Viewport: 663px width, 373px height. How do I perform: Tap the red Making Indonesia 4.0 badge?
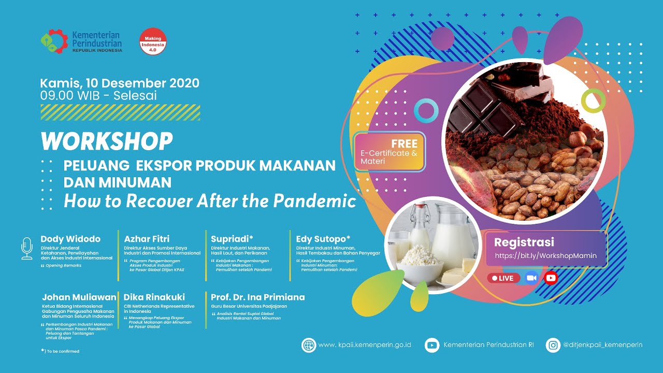pos(153,42)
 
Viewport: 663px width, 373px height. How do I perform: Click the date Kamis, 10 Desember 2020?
pos(120,83)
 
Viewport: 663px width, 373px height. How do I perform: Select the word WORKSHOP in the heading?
pos(107,141)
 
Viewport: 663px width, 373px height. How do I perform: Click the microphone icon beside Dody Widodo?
pos(27,249)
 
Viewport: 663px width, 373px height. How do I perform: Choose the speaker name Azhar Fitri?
pos(147,239)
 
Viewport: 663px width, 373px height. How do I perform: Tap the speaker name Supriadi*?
pos(232,239)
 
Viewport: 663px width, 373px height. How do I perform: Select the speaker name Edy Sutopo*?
pos(323,239)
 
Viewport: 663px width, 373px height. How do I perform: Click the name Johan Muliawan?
pos(79,297)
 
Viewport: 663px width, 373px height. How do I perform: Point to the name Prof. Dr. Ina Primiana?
pos(257,297)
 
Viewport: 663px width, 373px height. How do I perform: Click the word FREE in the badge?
pos(405,144)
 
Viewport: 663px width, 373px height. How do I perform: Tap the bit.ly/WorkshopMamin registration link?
pos(546,255)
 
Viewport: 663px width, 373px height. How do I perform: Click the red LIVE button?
pos(503,278)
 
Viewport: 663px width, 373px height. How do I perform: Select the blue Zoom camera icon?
pos(532,278)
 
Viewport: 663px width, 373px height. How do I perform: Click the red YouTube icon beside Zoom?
pos(551,278)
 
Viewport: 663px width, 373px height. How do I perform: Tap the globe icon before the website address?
pos(309,345)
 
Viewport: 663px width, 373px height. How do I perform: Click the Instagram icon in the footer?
pos(553,345)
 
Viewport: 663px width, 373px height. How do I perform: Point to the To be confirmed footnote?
pos(61,351)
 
